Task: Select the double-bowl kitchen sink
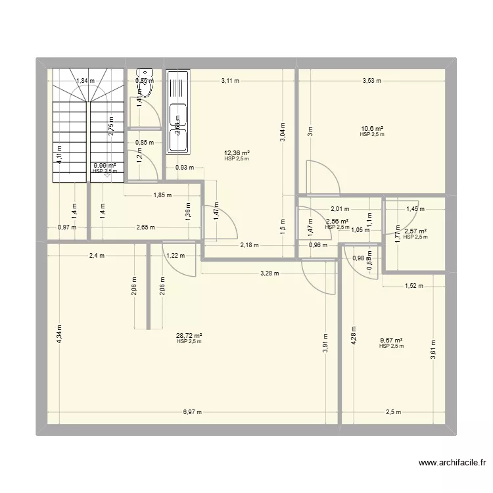(x=177, y=111)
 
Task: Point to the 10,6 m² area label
(x=372, y=129)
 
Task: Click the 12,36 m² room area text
(x=236, y=153)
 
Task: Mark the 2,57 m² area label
(x=415, y=231)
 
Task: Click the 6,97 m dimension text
(x=192, y=413)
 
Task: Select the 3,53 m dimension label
(x=372, y=81)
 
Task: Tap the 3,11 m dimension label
(x=230, y=81)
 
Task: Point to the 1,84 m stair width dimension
(x=85, y=81)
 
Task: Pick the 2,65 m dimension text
(x=145, y=227)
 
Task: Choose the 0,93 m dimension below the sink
(x=185, y=167)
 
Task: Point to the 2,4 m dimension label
(x=96, y=255)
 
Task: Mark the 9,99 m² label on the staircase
(x=105, y=166)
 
